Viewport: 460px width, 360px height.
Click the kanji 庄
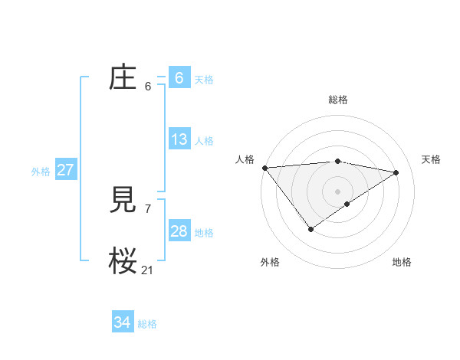point(123,77)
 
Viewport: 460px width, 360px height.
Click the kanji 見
point(123,201)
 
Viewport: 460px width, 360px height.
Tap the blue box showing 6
point(179,77)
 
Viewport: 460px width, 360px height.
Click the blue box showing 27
point(65,170)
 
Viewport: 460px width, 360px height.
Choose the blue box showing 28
point(179,231)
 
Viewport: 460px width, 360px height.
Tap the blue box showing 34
point(122,322)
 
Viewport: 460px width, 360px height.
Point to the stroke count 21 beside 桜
point(147,270)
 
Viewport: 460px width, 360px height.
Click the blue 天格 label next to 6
point(204,79)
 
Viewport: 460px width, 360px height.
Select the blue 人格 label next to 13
point(204,141)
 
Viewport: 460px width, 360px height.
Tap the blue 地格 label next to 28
point(204,233)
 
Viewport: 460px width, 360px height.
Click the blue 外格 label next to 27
point(41,172)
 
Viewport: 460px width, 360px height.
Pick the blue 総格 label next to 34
point(147,325)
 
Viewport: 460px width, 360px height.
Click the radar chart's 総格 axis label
point(337,100)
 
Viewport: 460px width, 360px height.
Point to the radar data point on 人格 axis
point(264,168)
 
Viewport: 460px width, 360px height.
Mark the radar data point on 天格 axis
point(396,172)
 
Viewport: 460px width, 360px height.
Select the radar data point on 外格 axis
point(310,228)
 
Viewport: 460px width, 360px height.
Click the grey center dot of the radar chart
point(337,191)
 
